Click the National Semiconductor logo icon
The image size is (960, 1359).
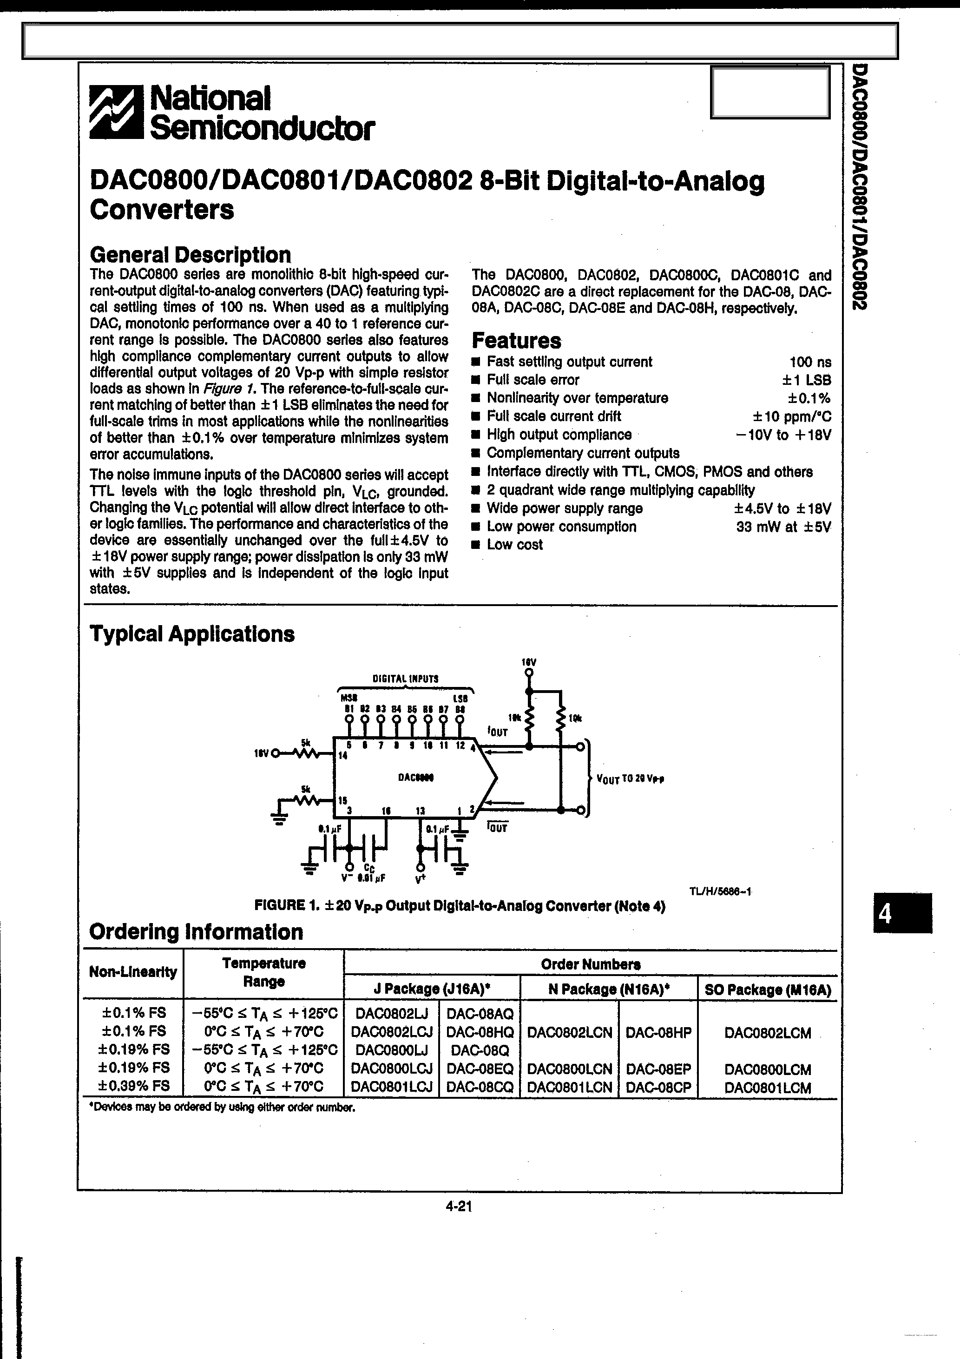[x=116, y=112]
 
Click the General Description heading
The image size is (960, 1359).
[x=190, y=255]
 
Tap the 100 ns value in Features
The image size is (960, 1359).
[x=810, y=362]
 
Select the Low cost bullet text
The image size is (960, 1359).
[x=514, y=545]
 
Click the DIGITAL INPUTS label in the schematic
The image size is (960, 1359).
[x=406, y=679]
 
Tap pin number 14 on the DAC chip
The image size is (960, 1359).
[x=342, y=756]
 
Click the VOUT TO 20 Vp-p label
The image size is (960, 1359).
[x=630, y=779]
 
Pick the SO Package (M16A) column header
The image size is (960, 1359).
[x=768, y=990]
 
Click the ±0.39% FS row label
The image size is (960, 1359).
[x=134, y=1086]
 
